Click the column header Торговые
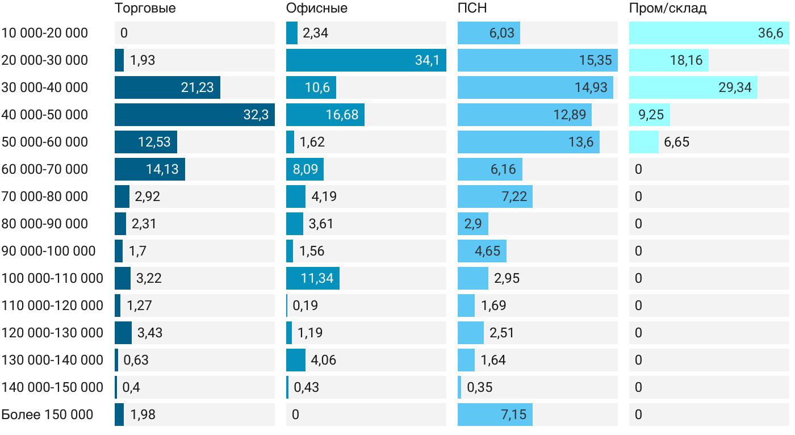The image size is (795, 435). point(145,9)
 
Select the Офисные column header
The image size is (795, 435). point(317,9)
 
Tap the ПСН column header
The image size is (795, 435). point(472,9)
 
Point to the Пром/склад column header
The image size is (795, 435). point(668,9)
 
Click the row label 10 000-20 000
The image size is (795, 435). point(45,33)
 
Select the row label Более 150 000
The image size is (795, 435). point(47,415)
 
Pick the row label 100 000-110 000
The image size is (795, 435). point(52,278)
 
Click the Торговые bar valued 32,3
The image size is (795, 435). point(194,115)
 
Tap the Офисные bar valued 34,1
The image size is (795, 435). point(366,60)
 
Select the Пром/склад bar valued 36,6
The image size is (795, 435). point(709,33)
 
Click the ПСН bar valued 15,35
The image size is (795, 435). point(537,60)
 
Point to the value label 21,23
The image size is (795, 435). point(197,87)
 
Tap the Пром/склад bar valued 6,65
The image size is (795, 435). point(644,142)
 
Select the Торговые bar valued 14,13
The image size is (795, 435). point(150,169)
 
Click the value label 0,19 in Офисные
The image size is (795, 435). point(306,306)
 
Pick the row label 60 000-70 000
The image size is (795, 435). point(45,169)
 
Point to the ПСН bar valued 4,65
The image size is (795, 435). point(482,251)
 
